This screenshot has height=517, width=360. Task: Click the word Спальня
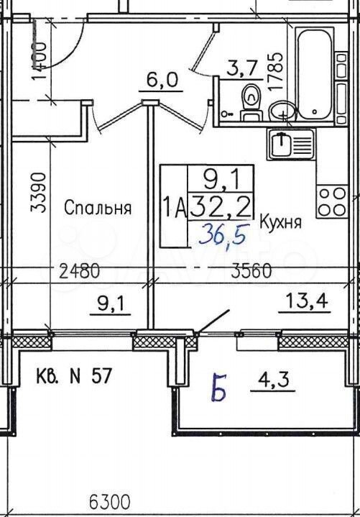(x=98, y=208)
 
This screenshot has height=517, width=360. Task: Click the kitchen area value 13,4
(x=308, y=301)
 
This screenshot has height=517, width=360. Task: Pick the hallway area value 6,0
(x=162, y=79)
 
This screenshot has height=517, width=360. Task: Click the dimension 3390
(x=37, y=193)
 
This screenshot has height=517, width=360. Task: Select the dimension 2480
(x=79, y=272)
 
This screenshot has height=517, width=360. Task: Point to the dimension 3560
(x=251, y=271)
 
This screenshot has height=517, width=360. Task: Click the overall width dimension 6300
(x=110, y=503)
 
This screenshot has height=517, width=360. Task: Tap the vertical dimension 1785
(x=275, y=71)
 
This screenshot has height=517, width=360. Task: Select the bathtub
(x=313, y=76)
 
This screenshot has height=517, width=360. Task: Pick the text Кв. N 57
(x=73, y=376)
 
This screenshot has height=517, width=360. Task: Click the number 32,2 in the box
(x=221, y=205)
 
